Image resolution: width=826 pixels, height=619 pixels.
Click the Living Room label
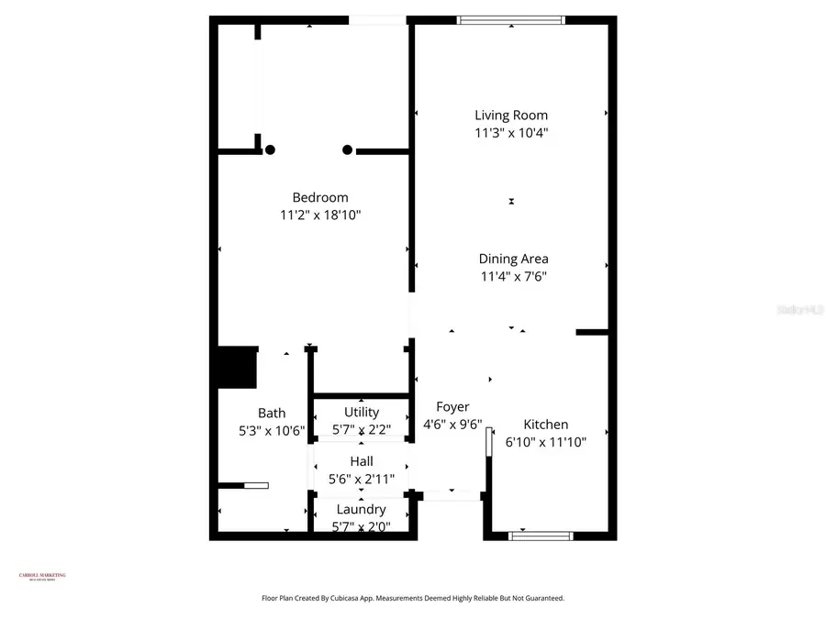click(x=511, y=116)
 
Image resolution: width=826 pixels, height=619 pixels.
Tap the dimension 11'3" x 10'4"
click(x=511, y=133)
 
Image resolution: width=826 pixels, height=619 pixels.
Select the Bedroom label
click(x=320, y=197)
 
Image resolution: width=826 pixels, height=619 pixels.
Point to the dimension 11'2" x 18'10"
click(x=320, y=216)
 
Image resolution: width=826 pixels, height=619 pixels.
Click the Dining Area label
click(x=513, y=259)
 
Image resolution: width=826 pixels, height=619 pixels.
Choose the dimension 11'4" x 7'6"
click(x=513, y=276)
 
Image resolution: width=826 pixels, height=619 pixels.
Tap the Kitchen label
click(x=545, y=425)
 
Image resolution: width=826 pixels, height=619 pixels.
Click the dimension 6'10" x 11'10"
click(x=545, y=442)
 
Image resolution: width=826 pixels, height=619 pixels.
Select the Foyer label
click(x=452, y=407)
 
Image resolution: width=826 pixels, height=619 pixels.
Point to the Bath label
click(x=272, y=414)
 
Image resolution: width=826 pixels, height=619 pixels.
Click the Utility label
click(x=361, y=413)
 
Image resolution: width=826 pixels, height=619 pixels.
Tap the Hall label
click(x=361, y=461)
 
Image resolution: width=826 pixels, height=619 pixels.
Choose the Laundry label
click(x=361, y=510)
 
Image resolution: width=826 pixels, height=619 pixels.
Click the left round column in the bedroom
click(x=270, y=149)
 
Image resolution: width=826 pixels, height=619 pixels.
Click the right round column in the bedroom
click(x=347, y=149)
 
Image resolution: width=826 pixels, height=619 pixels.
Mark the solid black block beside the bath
click(x=235, y=367)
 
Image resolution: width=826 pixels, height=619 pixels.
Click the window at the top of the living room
click(x=511, y=20)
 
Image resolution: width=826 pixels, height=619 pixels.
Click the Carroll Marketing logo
click(x=42, y=577)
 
